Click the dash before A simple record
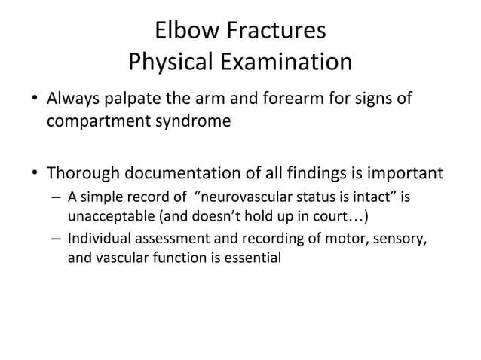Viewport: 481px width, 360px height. [x=57, y=198]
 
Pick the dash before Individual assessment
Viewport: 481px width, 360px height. [x=57, y=241]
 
